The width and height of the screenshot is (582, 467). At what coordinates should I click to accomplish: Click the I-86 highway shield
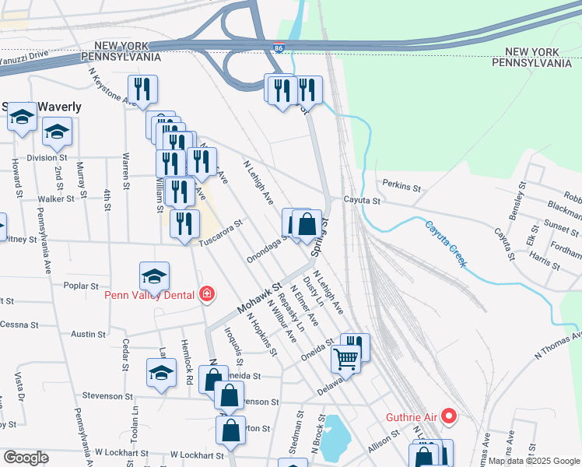(x=279, y=48)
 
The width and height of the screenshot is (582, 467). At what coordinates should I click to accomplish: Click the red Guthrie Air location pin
(x=449, y=416)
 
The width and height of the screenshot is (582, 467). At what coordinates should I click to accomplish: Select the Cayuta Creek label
(x=446, y=244)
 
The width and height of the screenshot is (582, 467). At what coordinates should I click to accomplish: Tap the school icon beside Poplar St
(x=154, y=276)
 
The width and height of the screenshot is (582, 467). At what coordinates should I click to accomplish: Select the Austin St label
(x=88, y=334)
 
